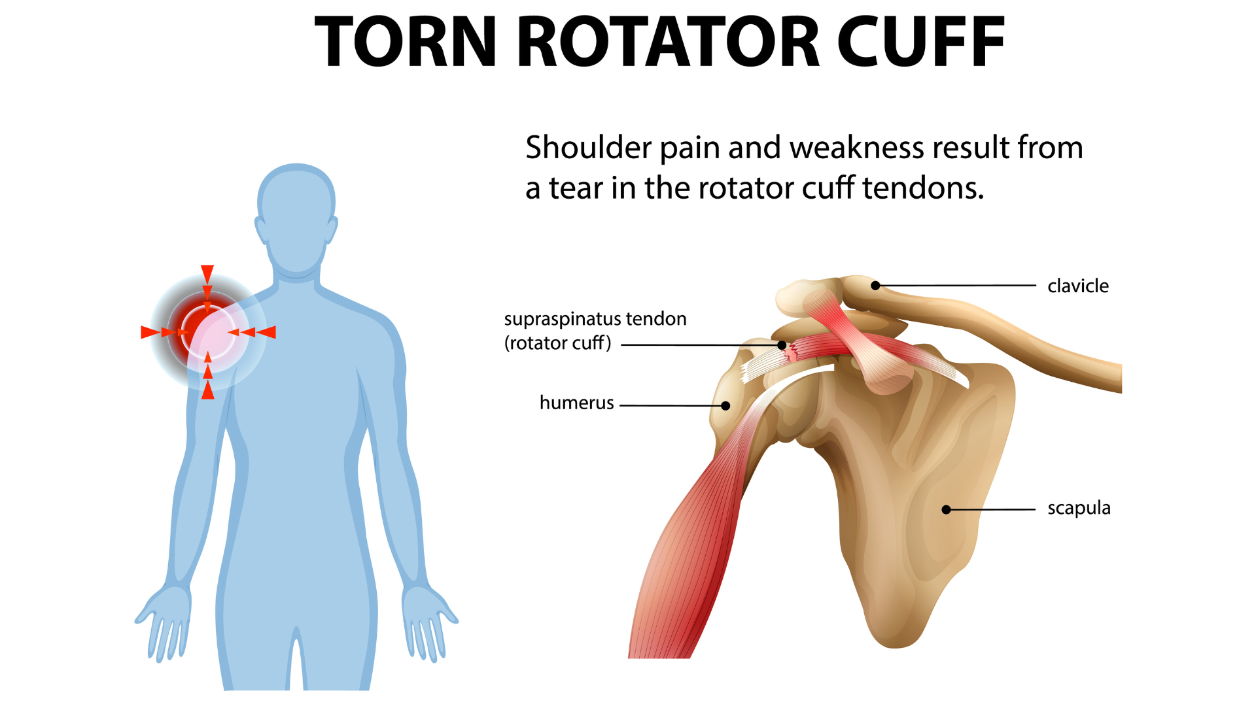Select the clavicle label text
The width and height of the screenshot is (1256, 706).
[1077, 286]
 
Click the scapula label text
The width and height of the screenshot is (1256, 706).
[1079, 508]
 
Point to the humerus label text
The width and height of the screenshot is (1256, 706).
[576, 403]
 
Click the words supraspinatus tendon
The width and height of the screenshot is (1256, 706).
[595, 319]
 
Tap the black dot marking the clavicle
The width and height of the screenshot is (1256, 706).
[875, 285]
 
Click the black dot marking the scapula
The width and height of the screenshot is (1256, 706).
[946, 509]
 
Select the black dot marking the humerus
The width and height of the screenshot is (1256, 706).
[725, 406]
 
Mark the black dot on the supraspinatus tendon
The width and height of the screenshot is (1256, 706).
[782, 345]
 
